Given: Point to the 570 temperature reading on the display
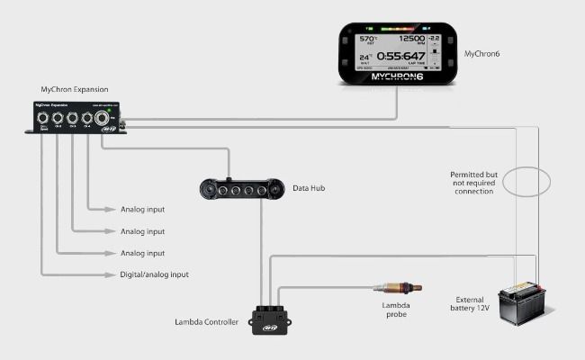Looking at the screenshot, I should pos(367,40).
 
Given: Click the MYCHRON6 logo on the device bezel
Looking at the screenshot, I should pos(396,76).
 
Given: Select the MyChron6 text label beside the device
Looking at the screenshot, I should pos(482,54).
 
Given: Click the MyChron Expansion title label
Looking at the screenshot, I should pos(74,90).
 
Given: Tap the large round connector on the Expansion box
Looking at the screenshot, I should pos(102,118).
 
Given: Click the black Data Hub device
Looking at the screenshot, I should pos(237,189).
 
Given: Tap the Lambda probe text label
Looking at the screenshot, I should pos(395,310).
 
